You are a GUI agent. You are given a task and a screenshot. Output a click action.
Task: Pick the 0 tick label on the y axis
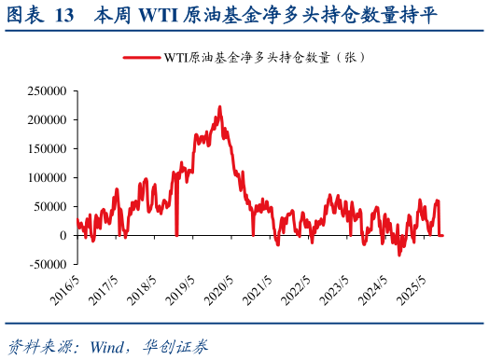point(64,236)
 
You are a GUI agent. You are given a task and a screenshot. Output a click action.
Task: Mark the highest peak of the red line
point(219,107)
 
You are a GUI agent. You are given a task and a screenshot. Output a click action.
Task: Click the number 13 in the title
point(65,16)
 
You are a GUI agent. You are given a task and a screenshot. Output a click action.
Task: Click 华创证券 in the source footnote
point(178,343)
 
